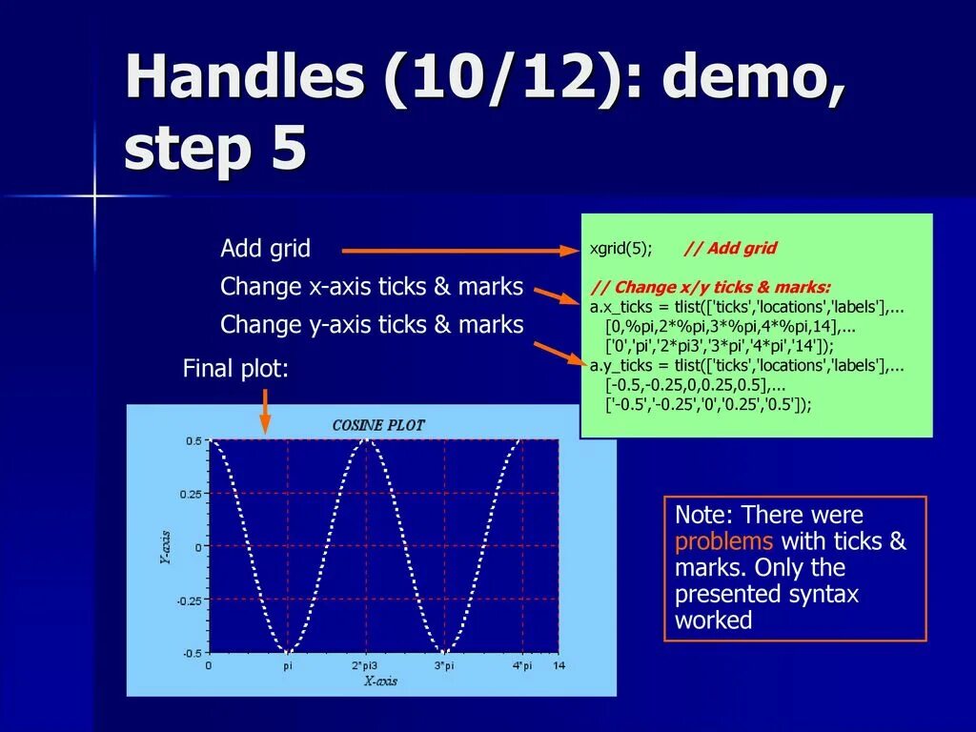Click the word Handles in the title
click(x=244, y=78)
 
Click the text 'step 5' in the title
click(x=215, y=150)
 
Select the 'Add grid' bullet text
click(x=265, y=249)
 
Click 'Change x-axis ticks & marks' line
click(x=372, y=287)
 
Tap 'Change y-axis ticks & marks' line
click(x=372, y=325)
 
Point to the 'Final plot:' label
click(x=235, y=369)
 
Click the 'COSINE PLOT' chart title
click(x=378, y=425)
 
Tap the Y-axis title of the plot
click(x=165, y=547)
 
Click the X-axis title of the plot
click(x=380, y=681)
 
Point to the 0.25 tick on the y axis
click(x=191, y=494)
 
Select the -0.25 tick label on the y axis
click(x=189, y=600)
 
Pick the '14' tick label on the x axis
click(x=559, y=665)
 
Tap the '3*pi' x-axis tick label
click(x=444, y=665)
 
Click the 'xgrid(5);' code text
click(x=620, y=249)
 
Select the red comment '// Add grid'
click(x=730, y=249)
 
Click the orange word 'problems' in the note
click(x=723, y=542)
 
